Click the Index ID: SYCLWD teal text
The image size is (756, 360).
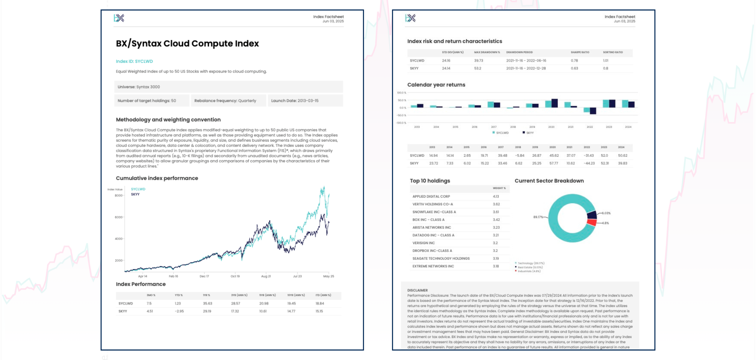click(134, 61)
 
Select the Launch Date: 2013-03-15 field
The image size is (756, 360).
click(295, 101)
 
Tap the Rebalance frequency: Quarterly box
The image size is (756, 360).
click(225, 101)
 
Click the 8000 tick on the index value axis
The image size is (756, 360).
click(118, 196)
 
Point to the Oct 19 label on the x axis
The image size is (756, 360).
click(235, 276)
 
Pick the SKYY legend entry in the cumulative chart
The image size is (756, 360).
click(135, 194)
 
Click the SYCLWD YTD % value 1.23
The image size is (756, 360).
click(178, 303)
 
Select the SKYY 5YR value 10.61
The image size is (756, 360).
click(263, 311)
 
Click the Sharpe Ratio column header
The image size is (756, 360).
click(580, 52)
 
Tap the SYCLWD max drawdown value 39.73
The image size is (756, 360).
click(478, 61)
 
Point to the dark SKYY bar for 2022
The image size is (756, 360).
click(593, 111)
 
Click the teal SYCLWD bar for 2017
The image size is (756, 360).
click(490, 105)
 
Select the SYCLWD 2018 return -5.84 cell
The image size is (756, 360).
click(520, 156)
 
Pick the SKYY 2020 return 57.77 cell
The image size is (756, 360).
click(553, 163)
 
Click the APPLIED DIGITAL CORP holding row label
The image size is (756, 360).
click(431, 197)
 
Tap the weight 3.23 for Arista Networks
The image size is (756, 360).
click(496, 228)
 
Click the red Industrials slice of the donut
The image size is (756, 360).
click(592, 222)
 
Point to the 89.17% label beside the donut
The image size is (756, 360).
click(538, 217)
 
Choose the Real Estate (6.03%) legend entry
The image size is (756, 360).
click(530, 267)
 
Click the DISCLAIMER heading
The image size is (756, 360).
click(417, 290)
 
